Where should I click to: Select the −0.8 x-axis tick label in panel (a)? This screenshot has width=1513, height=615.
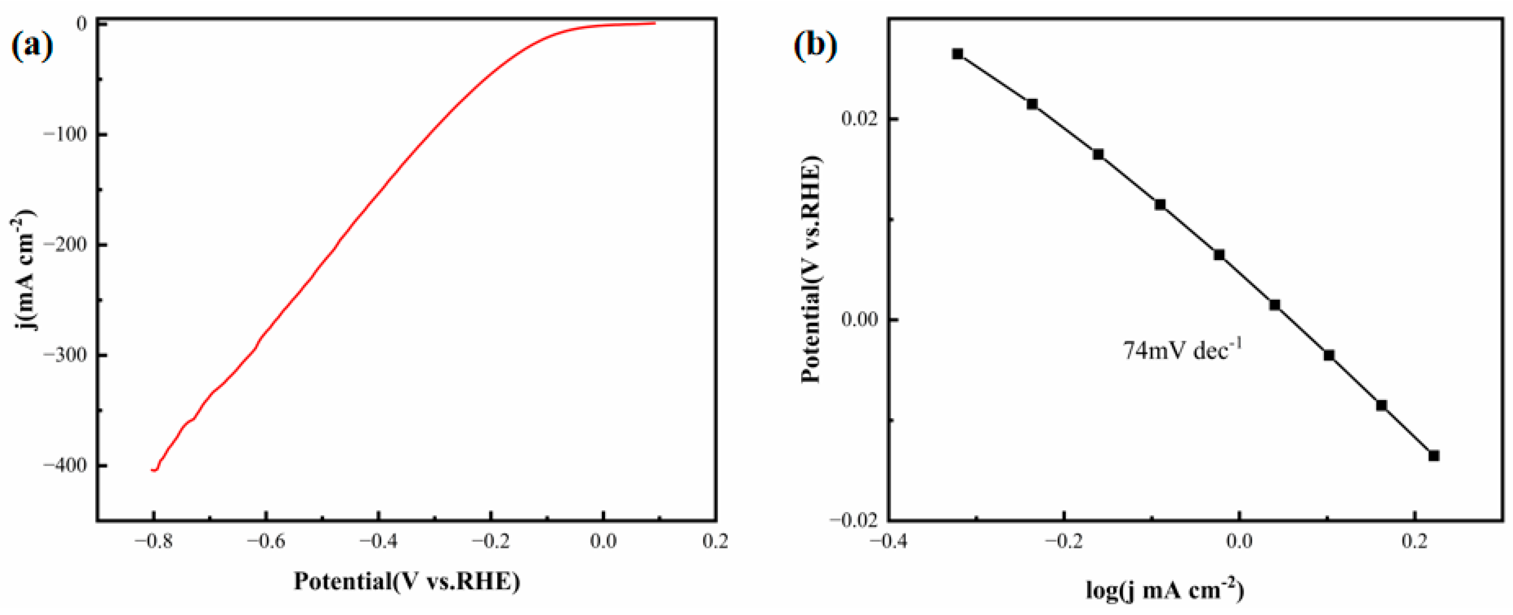(154, 541)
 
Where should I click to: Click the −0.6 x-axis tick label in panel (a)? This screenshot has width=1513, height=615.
(266, 541)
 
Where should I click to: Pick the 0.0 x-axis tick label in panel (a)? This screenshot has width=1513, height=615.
(603, 541)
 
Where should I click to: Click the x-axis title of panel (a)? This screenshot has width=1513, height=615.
(407, 581)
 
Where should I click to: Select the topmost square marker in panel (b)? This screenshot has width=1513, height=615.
(958, 54)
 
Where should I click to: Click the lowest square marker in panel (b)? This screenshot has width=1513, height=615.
(1434, 456)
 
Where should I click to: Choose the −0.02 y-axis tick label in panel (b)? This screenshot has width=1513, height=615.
(856, 520)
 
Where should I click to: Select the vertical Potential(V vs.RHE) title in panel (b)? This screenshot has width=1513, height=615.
(812, 270)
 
